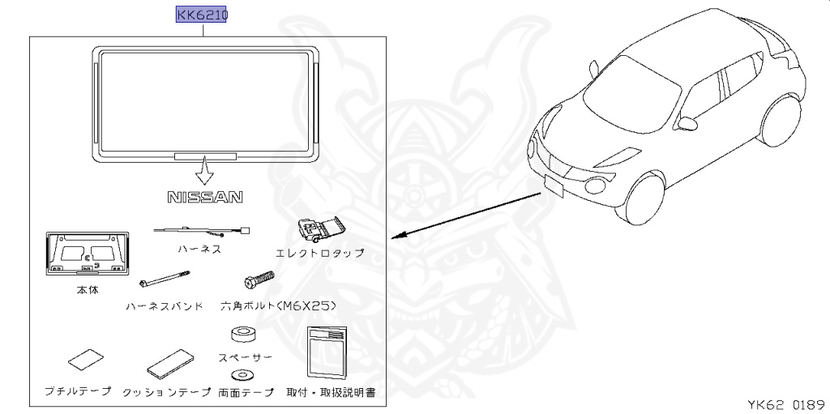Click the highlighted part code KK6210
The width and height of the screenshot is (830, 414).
pyautogui.click(x=202, y=15)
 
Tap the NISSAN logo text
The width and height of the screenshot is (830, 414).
pyautogui.click(x=205, y=197)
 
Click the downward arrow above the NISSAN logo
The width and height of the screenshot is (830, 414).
pyautogui.click(x=204, y=171)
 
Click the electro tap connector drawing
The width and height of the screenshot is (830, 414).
pyautogui.click(x=319, y=231)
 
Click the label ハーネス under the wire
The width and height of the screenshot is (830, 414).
pyautogui.click(x=199, y=250)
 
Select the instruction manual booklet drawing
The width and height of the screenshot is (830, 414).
pyautogui.click(x=327, y=352)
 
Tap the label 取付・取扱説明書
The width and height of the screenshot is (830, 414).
pyautogui.click(x=332, y=392)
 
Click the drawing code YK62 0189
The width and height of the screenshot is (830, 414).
pyautogui.click(x=785, y=402)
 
